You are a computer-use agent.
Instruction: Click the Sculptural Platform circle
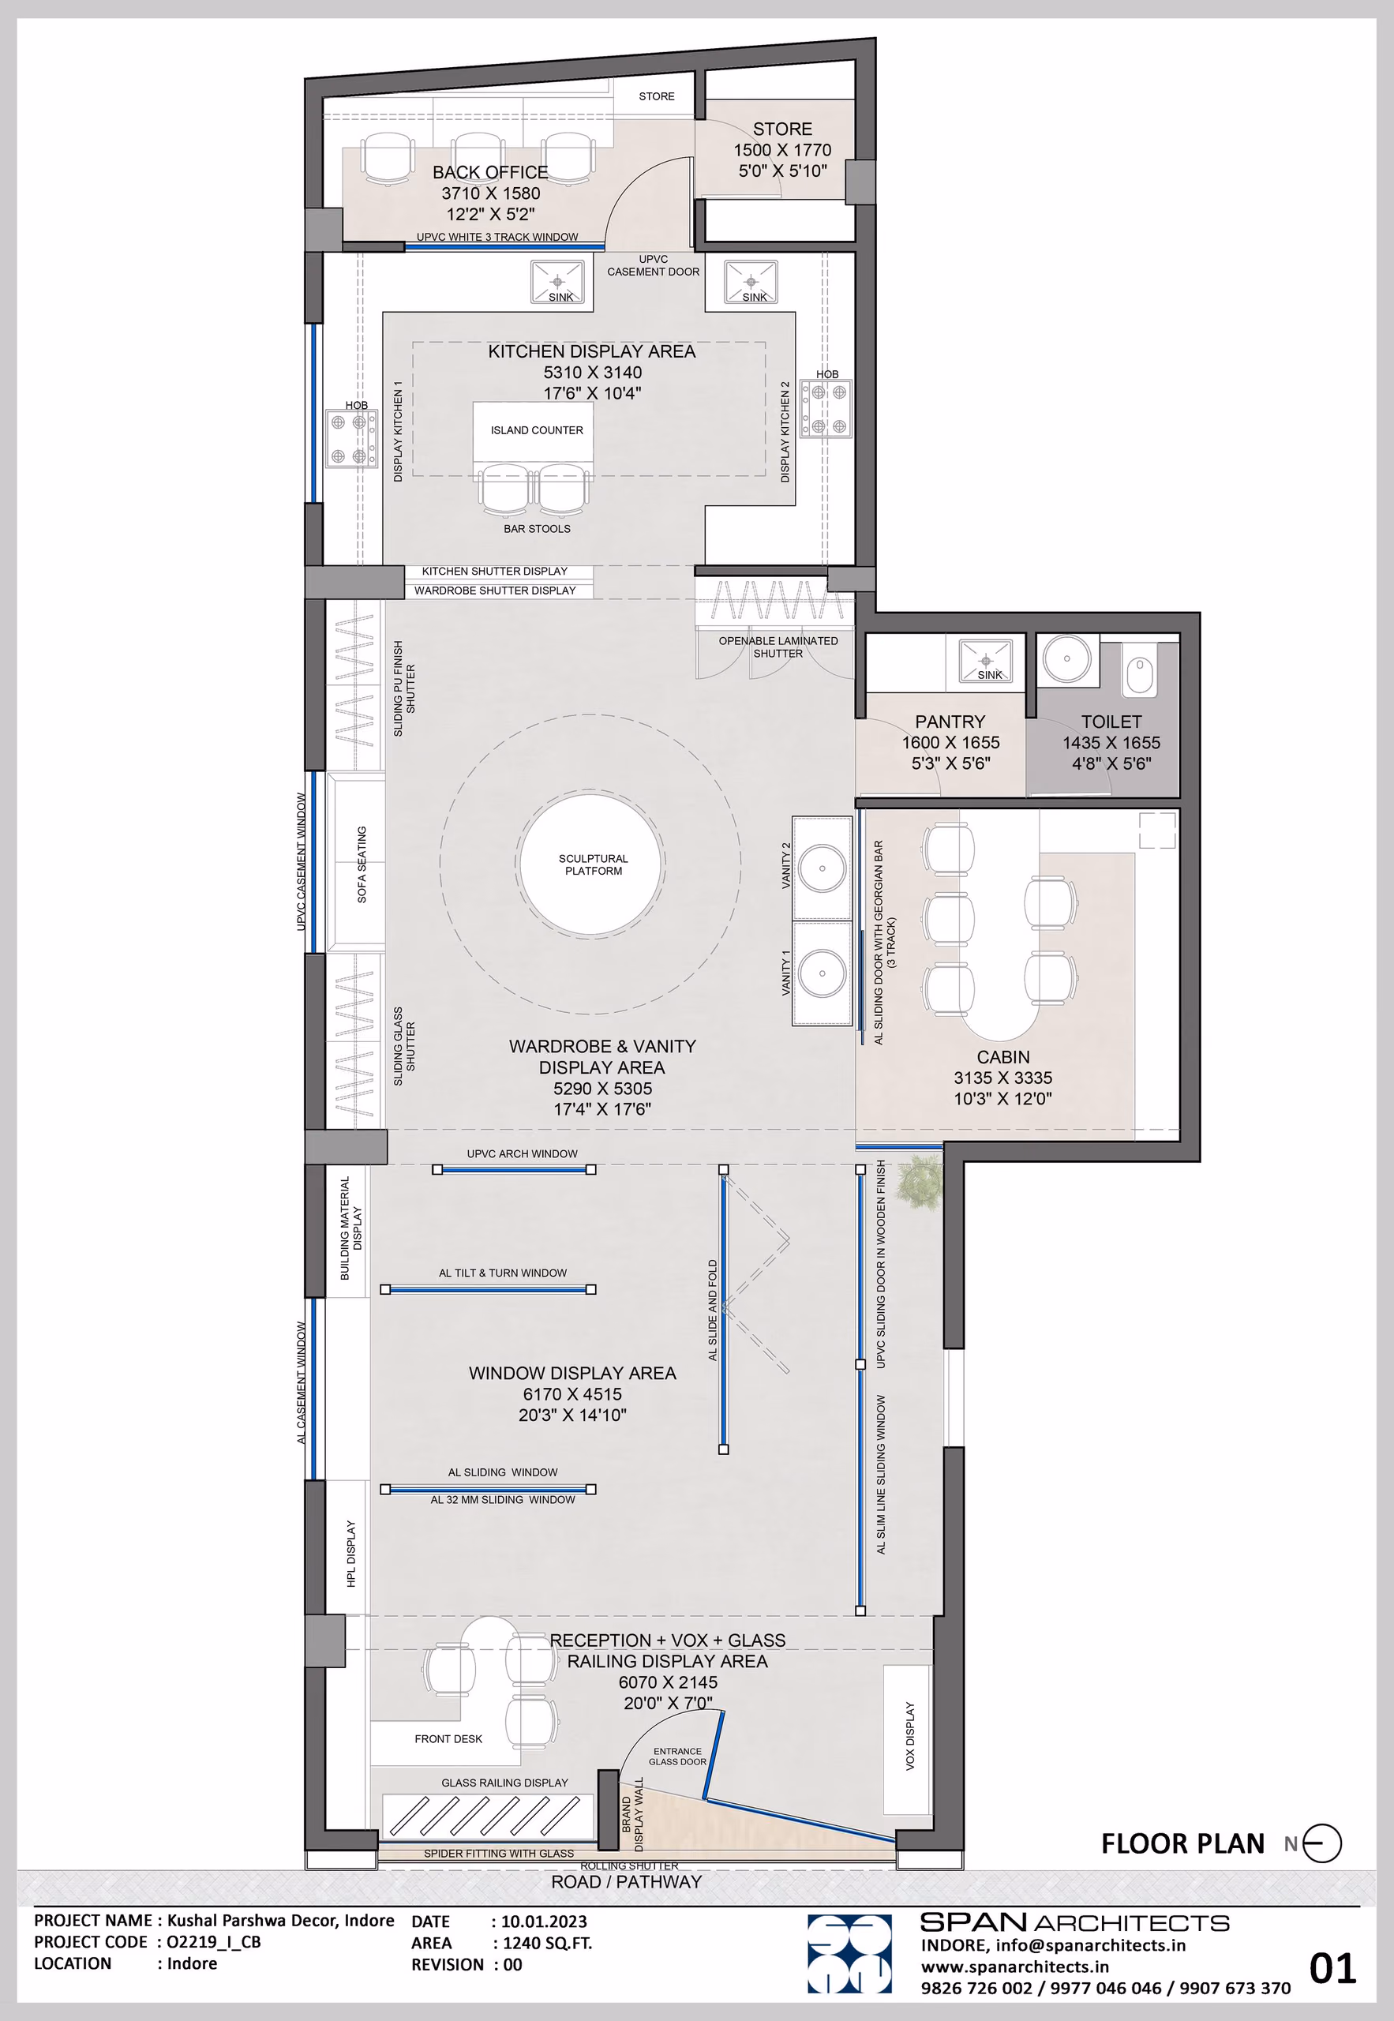coord(592,864)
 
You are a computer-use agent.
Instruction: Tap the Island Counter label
coord(536,429)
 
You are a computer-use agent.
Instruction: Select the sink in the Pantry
coord(985,659)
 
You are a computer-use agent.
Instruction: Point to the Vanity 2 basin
coord(822,868)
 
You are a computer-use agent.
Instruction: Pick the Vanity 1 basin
coord(822,972)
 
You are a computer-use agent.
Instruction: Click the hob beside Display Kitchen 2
coord(826,409)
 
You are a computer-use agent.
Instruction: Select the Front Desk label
coord(448,1739)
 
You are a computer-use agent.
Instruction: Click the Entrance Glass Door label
coord(677,1757)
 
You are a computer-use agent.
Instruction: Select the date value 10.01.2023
coord(543,1922)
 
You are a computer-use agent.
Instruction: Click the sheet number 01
coord(1332,1970)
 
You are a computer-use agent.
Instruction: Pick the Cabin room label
coord(1002,1057)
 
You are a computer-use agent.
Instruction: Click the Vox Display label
coord(909,1736)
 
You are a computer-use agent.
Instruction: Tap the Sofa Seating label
coord(362,864)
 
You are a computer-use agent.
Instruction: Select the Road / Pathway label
coord(626,1882)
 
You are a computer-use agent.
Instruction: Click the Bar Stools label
coord(536,528)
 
